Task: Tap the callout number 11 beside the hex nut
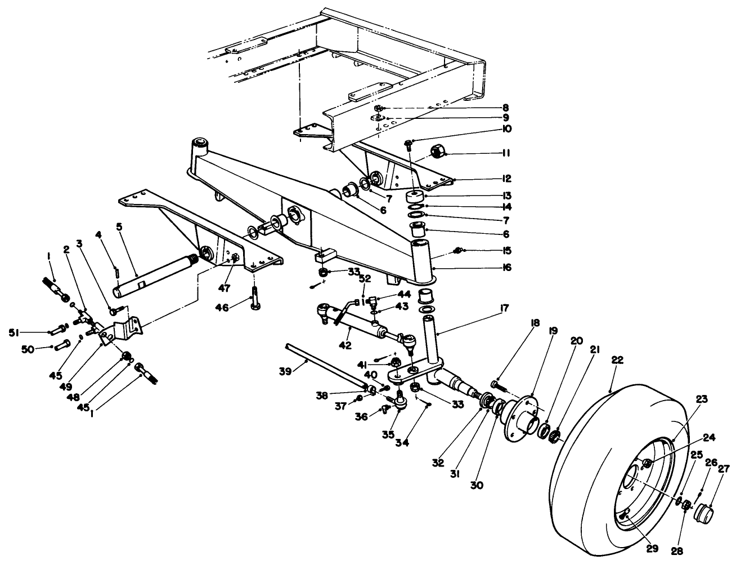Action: coord(505,153)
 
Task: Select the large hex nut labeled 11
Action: coord(437,152)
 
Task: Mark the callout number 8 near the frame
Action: coord(505,107)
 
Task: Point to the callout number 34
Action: coord(418,443)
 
